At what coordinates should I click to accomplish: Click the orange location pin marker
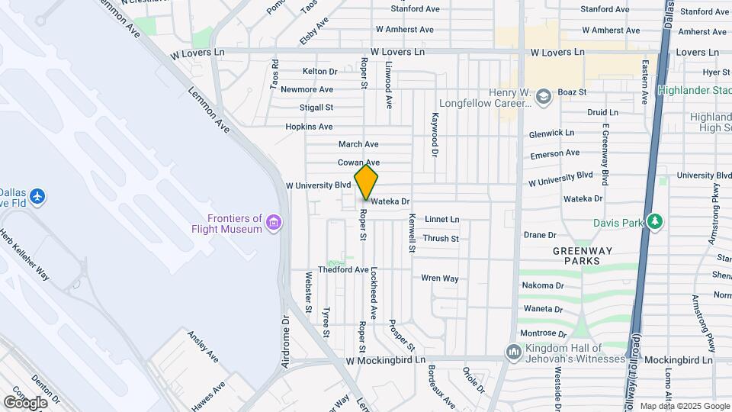click(366, 182)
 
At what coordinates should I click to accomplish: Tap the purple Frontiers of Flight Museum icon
click(274, 224)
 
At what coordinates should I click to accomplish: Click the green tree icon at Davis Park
click(655, 222)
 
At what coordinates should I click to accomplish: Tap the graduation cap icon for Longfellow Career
click(543, 96)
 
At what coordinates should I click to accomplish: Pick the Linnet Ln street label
click(442, 219)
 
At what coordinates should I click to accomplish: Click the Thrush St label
click(441, 239)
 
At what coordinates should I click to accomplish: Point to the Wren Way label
click(440, 278)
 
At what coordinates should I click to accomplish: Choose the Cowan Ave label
click(358, 163)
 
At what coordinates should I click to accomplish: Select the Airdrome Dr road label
click(286, 342)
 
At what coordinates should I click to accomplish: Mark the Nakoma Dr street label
click(542, 285)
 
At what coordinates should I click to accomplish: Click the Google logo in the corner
click(25, 402)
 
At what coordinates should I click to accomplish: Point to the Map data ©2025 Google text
click(684, 406)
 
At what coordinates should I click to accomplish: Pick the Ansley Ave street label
click(202, 346)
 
